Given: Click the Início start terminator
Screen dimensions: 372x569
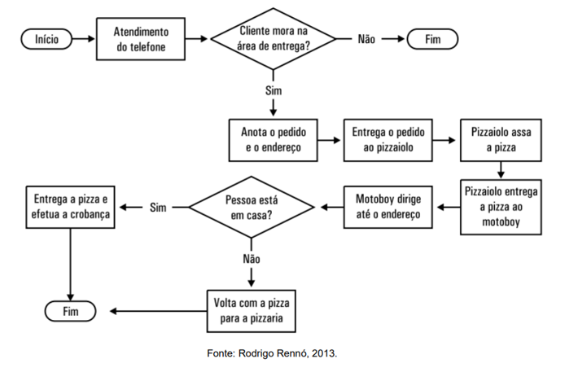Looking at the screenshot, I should point(47,39).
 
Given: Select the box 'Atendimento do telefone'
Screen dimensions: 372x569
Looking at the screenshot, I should point(141,39).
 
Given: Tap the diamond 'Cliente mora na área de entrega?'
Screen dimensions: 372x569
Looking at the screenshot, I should point(274,39).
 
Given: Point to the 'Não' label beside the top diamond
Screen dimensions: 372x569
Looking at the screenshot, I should point(366,39).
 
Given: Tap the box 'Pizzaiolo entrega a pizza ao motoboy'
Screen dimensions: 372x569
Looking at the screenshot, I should point(501,207).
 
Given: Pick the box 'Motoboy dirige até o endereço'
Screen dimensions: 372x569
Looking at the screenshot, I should point(387,207).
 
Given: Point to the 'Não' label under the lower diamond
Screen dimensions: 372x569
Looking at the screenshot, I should point(251,258).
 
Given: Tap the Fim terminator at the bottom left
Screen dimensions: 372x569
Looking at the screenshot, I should point(72,311).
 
